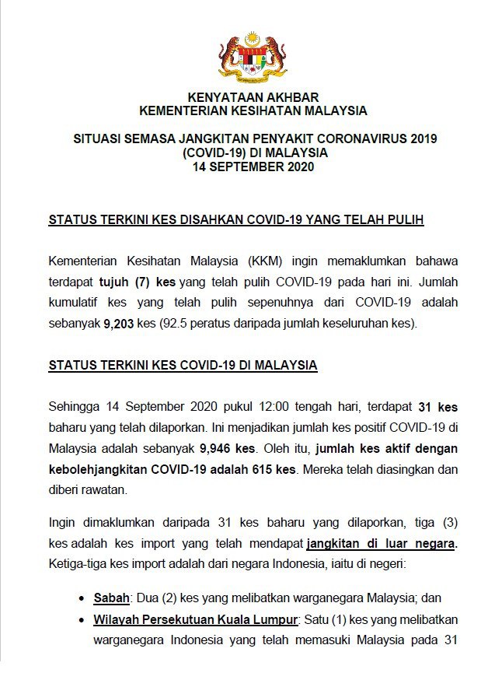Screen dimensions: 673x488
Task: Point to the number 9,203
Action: pos(119,323)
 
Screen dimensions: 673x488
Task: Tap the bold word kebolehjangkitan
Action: pos(97,470)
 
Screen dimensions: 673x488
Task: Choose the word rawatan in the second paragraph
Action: pos(105,491)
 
